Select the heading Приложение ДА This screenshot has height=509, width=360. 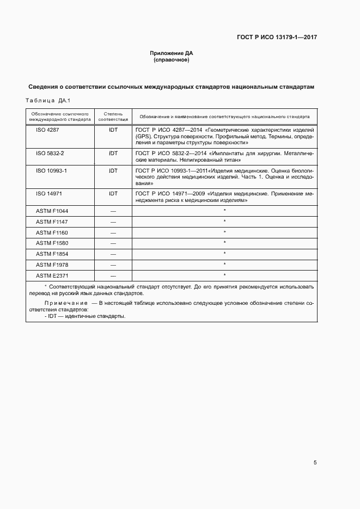pyautogui.click(x=172, y=53)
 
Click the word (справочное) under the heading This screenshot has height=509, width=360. pyautogui.click(x=172, y=60)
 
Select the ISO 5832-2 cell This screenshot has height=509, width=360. pyautogui.click(x=50, y=154)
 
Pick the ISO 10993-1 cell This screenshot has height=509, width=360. pyautogui.click(x=51, y=170)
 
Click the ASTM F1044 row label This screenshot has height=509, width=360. pyautogui.click(x=52, y=211)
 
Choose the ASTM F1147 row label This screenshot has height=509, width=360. pyautogui.click(x=52, y=222)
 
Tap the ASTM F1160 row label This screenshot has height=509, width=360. pyautogui.click(x=52, y=232)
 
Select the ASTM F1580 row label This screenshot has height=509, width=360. pyautogui.click(x=52, y=243)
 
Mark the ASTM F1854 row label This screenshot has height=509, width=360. pyautogui.click(x=52, y=254)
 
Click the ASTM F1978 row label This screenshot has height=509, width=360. pyautogui.click(x=52, y=264)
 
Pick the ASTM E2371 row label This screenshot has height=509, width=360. pyautogui.click(x=52, y=275)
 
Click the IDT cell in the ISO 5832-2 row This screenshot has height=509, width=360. pyautogui.click(x=113, y=154)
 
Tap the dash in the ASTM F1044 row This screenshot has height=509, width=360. pyautogui.click(x=113, y=211)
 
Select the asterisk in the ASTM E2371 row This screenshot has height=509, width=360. pyautogui.click(x=224, y=275)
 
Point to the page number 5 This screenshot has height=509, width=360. pyautogui.click(x=315, y=463)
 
